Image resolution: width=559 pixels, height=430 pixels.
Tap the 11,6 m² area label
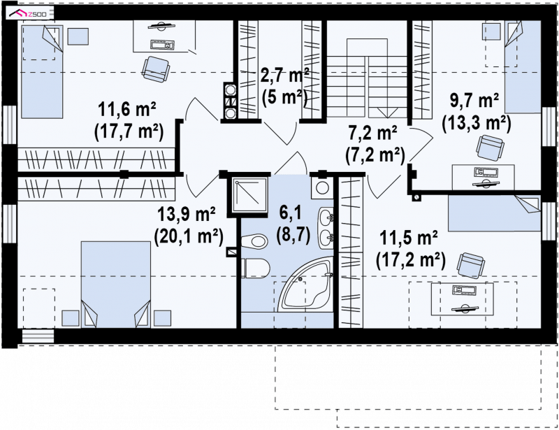click(x=127, y=110)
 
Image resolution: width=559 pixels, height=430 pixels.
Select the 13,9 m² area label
click(x=187, y=215)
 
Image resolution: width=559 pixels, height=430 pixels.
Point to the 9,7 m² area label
click(x=474, y=101)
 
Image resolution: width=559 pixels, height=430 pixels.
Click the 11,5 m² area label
click(x=409, y=238)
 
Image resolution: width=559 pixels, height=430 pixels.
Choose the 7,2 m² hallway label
click(x=373, y=133)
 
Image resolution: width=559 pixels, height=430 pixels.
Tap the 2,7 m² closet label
click(x=284, y=75)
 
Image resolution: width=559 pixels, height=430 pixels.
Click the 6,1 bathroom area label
click(x=290, y=213)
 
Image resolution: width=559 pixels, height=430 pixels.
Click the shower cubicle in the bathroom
click(x=250, y=195)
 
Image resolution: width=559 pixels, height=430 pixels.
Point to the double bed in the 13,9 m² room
click(x=115, y=285)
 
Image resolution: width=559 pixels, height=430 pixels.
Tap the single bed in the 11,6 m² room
click(x=43, y=71)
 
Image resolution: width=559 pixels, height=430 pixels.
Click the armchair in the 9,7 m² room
click(x=491, y=147)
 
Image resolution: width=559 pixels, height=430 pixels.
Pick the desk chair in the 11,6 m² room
click(x=156, y=69)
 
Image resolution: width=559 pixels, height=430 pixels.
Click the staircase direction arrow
click(x=387, y=113)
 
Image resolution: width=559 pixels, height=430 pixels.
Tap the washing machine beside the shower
click(x=322, y=187)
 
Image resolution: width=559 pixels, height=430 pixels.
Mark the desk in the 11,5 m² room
click(x=463, y=299)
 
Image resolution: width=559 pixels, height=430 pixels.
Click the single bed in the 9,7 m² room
click(x=523, y=66)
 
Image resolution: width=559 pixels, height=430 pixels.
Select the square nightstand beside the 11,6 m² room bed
click(x=78, y=36)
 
